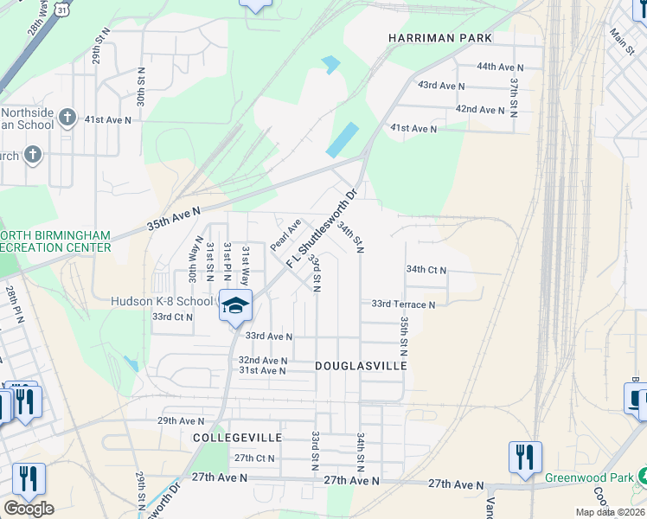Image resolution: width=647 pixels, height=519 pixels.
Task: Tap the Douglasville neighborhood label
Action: (361, 367)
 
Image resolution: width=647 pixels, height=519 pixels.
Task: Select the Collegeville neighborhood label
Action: (227, 439)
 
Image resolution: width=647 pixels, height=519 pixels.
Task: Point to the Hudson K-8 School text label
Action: (162, 301)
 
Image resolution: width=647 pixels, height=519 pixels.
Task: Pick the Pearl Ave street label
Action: (285, 234)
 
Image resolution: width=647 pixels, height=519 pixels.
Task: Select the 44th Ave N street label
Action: (501, 67)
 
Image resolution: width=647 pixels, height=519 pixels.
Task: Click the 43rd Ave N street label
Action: (441, 86)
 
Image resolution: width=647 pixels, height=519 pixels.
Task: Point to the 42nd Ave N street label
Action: (480, 110)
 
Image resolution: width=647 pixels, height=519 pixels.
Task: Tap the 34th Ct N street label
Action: (426, 270)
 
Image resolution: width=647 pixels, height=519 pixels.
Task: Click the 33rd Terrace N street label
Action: (403, 304)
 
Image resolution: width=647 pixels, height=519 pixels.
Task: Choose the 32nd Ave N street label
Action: (263, 360)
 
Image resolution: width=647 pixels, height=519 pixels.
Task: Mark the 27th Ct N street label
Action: (254, 458)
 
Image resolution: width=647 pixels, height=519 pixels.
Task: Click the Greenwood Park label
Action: (590, 477)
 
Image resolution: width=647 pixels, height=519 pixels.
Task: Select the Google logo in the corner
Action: (29, 509)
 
